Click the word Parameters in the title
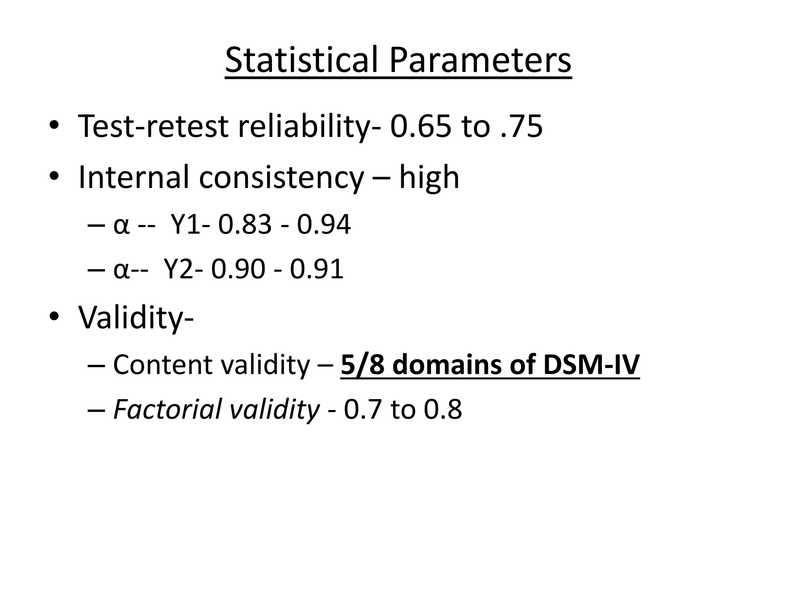(480, 60)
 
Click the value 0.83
(245, 225)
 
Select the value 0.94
(324, 225)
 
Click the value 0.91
(317, 269)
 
